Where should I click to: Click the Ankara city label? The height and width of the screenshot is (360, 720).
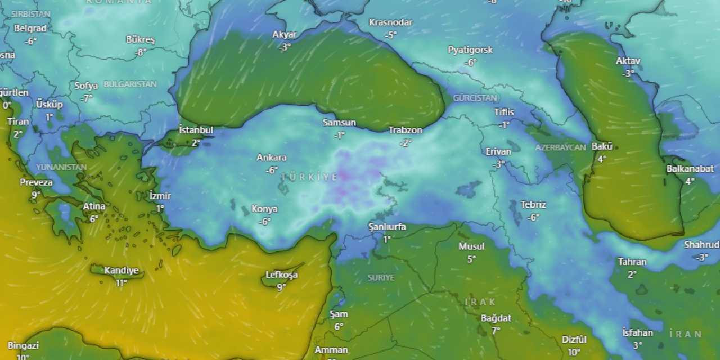[272, 157]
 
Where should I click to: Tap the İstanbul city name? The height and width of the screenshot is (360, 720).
[196, 130]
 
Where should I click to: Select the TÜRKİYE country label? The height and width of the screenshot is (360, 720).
[309, 177]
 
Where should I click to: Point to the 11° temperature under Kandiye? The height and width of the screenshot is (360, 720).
[121, 283]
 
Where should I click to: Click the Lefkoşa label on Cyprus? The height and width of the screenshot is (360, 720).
[281, 275]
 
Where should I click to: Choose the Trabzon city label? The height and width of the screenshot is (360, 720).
[405, 130]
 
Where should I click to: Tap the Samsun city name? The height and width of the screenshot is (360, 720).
[339, 123]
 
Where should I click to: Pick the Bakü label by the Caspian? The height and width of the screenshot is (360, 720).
[602, 147]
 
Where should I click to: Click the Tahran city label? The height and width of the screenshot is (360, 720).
[632, 262]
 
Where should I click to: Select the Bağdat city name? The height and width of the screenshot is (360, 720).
[496, 318]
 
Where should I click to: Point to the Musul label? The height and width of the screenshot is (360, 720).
[471, 246]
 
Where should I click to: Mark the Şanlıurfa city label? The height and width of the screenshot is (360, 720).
[387, 227]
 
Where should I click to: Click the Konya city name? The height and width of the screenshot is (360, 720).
[264, 209]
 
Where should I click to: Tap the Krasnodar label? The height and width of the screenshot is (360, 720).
[391, 22]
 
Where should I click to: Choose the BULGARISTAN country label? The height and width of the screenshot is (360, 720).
[130, 84]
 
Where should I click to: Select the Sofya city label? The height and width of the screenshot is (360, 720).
[86, 86]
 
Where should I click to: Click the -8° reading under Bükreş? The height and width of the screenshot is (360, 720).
[141, 52]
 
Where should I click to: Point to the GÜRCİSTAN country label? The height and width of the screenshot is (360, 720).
[475, 98]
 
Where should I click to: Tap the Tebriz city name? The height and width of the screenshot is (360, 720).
[533, 205]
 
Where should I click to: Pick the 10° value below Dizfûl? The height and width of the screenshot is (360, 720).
[574, 353]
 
